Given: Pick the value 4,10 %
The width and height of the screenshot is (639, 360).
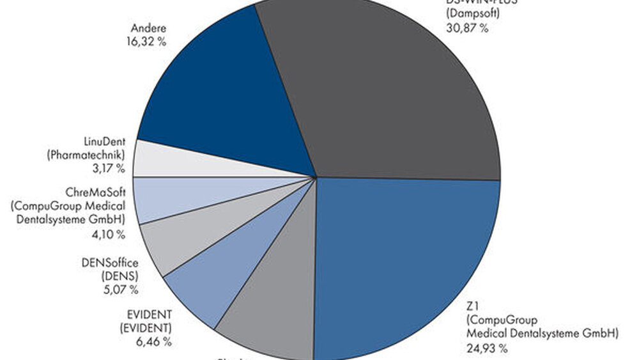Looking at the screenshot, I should pyautogui.click(x=108, y=234).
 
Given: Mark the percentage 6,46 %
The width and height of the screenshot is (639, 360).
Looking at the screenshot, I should pyautogui.click(x=153, y=341).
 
